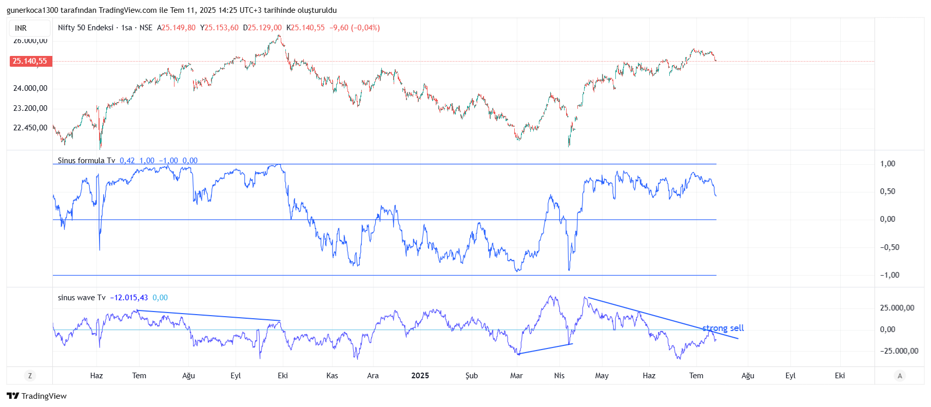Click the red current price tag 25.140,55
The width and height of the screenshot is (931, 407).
pos(30,61)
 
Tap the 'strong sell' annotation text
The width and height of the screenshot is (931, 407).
pos(723,328)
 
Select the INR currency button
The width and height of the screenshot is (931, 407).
pos(21,28)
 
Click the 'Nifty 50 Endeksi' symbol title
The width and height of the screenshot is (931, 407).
pos(86,28)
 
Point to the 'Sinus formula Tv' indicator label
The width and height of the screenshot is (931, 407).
pos(86,161)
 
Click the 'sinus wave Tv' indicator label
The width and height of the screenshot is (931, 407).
pos(82,298)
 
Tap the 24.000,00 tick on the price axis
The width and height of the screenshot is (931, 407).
pos(30,88)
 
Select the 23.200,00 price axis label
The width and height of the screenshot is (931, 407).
pos(30,108)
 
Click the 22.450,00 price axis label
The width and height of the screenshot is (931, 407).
pos(30,128)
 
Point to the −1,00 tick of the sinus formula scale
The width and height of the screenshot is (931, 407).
pos(889,275)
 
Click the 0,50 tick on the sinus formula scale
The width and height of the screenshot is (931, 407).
pos(887,191)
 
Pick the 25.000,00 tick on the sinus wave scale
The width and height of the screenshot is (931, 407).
pos(897,308)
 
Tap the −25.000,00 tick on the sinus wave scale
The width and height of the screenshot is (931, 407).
pos(899,351)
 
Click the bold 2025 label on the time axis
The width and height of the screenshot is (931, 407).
pos(420,376)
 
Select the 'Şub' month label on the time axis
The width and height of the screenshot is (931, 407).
pos(471,376)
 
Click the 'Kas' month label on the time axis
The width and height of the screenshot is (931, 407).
pos(332,376)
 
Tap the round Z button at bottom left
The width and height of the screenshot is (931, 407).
pos(30,376)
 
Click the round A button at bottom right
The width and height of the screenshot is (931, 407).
pos(899,376)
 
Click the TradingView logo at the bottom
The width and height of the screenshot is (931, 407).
pos(37,396)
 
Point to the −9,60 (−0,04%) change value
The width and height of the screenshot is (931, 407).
pos(354,28)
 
